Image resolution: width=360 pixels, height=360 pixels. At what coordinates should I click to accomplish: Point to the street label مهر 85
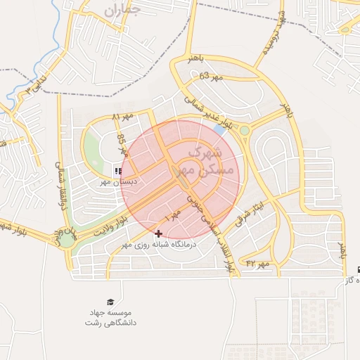(122, 145)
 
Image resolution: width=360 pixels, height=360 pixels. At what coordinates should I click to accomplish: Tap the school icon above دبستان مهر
(117, 170)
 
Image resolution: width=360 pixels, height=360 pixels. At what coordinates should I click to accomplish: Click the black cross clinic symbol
(158, 233)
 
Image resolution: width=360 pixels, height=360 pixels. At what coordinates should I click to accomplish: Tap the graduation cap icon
(110, 302)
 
